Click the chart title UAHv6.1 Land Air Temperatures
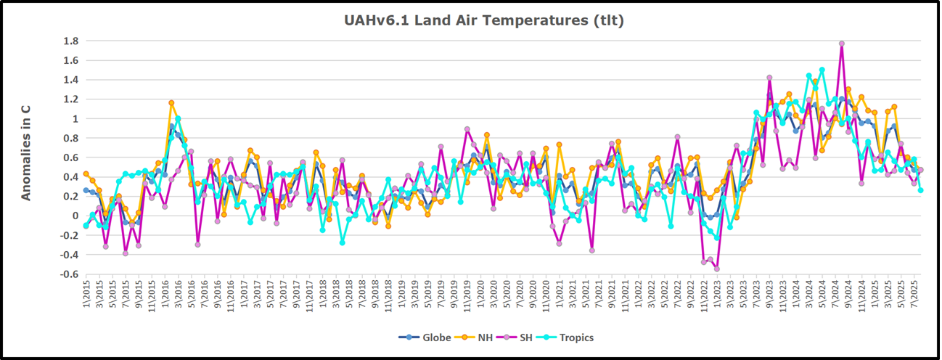coord(483,20)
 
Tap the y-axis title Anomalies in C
coord(25,150)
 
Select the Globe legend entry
coord(419,337)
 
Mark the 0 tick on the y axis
coord(73,216)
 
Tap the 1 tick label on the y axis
coord(73,118)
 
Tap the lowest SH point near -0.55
coord(717,269)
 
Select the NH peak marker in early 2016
coord(171,103)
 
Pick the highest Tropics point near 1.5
coord(822,70)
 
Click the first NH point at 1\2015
coord(86,173)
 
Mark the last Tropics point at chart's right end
coord(920,190)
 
